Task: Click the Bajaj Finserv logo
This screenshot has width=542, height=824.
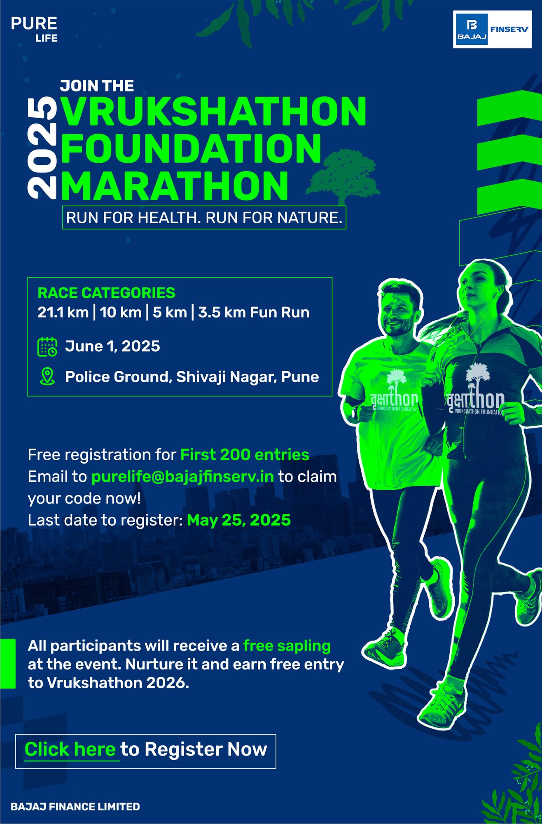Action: (492, 30)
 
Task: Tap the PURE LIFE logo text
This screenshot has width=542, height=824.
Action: (34, 29)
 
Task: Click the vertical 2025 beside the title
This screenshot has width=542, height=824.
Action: (42, 148)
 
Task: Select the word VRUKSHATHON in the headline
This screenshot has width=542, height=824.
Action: (213, 111)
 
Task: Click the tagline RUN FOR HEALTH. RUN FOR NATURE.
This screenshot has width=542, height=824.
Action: (204, 218)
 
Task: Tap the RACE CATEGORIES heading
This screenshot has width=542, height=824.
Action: (106, 293)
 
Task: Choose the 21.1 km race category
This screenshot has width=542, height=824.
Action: (63, 312)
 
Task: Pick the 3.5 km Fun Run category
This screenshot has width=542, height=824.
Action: (254, 312)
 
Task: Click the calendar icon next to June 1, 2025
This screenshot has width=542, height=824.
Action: (47, 346)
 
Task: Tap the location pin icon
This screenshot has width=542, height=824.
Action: (47, 377)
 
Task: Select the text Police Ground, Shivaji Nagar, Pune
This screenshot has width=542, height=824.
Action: (192, 377)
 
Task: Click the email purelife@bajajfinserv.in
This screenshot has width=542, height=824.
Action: (182, 477)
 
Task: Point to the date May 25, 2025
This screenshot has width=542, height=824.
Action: (239, 520)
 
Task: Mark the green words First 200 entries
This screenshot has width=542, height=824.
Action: (245, 455)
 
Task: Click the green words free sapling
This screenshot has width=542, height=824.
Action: (287, 646)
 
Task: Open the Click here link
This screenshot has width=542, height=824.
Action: (70, 749)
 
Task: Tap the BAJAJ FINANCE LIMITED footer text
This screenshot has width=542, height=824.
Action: (75, 806)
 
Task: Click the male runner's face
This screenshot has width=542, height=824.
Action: (396, 315)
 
